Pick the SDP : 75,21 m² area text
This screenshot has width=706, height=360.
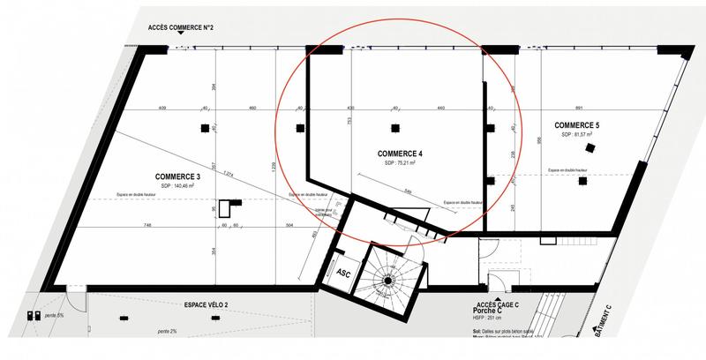[401, 163]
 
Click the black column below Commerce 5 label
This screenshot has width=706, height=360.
[582, 182]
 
